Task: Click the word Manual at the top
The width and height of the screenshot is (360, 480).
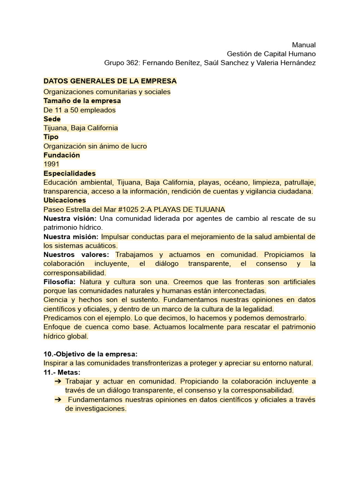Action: point(304,45)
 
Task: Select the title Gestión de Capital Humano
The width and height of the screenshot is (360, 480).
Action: point(271,54)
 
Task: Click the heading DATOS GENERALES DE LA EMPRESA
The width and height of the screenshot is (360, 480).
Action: point(110,82)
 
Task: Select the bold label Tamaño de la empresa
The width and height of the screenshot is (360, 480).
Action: point(82,101)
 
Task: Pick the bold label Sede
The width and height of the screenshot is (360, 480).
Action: point(52,119)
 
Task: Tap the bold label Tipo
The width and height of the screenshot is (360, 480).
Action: point(51,137)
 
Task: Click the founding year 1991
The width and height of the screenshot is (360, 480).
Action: point(51,164)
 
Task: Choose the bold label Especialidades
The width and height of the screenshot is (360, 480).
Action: point(69,173)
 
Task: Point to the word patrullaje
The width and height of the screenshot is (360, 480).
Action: point(299,182)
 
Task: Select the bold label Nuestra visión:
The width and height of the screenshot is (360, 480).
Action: point(70,219)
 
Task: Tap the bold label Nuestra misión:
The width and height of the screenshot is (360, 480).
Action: point(71,237)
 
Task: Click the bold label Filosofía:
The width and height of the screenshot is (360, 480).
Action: point(60,282)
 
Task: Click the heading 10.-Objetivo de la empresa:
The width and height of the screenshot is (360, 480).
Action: point(90,354)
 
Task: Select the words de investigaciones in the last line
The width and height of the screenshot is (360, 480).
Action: point(96,409)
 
